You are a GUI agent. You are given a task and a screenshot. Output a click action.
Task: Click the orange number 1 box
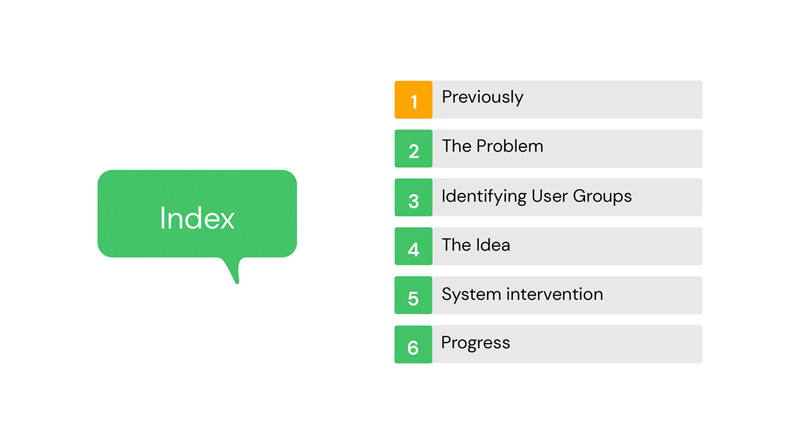[413, 100]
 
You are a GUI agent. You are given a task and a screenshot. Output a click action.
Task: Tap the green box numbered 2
[413, 148]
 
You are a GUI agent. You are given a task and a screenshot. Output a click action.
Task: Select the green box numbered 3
[413, 197]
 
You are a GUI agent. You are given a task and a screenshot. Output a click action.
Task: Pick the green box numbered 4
[413, 246]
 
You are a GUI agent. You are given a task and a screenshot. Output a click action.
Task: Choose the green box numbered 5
[413, 295]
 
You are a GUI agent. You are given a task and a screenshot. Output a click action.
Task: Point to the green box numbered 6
[413, 344]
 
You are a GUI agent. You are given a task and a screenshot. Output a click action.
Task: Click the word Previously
[482, 98]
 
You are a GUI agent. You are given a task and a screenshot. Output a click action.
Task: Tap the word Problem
[510, 146]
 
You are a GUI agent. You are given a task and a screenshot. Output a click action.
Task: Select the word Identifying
[484, 197]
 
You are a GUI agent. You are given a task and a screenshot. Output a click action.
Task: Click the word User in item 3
[550, 196]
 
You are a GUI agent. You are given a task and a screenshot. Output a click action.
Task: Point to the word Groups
[602, 197]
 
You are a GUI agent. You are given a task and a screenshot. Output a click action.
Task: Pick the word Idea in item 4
[493, 245]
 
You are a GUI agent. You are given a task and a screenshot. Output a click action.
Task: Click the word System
[471, 295]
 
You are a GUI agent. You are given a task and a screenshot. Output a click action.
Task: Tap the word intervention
[554, 294]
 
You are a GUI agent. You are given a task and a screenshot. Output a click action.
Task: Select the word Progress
[476, 344]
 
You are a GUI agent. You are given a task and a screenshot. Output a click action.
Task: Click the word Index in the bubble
[197, 218]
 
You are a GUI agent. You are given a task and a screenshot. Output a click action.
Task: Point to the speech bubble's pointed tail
[237, 282]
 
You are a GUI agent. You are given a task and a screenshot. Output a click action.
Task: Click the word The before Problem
[457, 146]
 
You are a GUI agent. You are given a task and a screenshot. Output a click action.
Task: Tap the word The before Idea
[457, 245]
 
